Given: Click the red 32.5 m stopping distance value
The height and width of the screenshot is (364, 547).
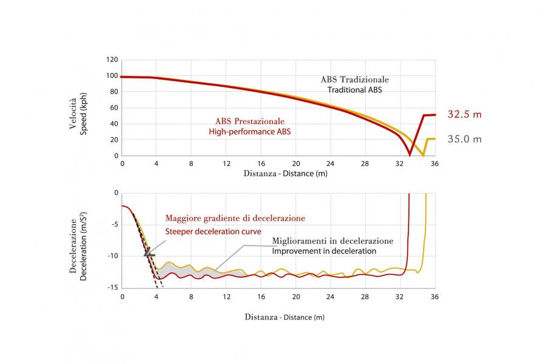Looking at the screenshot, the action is (464, 114).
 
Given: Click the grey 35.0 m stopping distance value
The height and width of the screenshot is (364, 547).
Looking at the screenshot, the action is (464, 139).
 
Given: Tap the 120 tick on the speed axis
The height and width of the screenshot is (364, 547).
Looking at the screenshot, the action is (112, 60).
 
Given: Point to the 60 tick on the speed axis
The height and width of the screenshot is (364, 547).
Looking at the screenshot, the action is (114, 108).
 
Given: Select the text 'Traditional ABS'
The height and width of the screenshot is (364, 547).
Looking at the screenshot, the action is (355, 90).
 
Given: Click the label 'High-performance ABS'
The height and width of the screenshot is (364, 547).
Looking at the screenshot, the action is (250, 132).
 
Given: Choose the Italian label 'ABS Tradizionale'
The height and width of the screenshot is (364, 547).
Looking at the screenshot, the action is (355, 80).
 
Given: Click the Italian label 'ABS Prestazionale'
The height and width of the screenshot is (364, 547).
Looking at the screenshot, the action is (250, 122).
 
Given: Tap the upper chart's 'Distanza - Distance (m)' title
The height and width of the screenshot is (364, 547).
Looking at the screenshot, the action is (286, 174).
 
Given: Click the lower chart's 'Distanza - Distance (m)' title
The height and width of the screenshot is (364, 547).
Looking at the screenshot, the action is (284, 317).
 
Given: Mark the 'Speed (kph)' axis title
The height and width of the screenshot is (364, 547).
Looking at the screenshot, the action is (83, 114).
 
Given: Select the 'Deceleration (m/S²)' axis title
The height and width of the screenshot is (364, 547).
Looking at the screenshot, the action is (83, 246).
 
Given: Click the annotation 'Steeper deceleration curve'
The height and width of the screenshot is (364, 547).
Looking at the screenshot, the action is (213, 232).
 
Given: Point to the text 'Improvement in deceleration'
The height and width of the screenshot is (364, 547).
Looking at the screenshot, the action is (324, 251).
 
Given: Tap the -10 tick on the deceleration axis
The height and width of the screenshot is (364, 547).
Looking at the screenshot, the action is (113, 256).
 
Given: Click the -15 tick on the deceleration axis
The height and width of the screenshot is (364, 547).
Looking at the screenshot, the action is (113, 287).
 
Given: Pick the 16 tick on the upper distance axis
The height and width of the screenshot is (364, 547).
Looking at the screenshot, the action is (261, 163).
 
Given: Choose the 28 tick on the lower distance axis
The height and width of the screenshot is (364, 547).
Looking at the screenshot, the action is (365, 297).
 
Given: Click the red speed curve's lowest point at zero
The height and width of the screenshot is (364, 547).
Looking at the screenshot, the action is (410, 154).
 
